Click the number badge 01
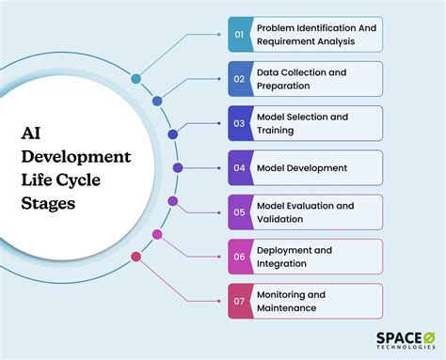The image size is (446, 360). coord(239,35)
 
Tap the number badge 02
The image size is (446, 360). coord(239,79)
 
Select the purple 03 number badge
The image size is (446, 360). coord(239,123)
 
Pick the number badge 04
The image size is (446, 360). coord(239,167)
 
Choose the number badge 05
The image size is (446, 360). coord(239,212)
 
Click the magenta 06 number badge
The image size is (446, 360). coord(239,257)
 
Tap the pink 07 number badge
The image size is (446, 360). coord(239,301)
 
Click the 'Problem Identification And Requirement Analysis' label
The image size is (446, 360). coord(315,35)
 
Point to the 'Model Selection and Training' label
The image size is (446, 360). coord(302,123)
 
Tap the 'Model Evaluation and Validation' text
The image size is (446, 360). coord(305,212)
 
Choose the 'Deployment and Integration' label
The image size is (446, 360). coord(295,257)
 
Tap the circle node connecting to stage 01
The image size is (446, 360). coord(136,79)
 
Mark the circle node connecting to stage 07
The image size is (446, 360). coord(136,256)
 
